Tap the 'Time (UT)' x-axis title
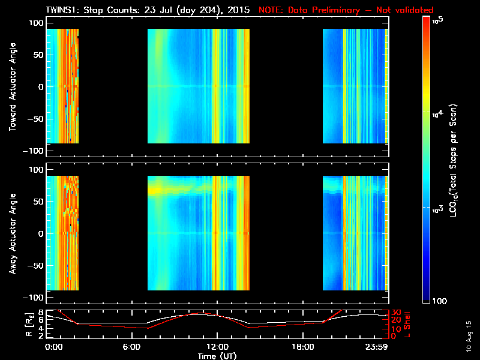click(217, 356)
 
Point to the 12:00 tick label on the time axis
click(217, 347)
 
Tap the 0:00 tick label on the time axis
click(53, 347)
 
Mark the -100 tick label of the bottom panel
click(34, 298)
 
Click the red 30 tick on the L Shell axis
click(397, 312)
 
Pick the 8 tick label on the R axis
click(40, 312)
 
